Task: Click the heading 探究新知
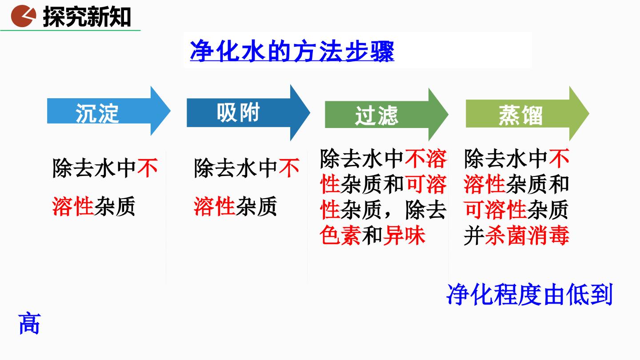[x=87, y=17]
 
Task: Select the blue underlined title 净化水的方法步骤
[x=292, y=52]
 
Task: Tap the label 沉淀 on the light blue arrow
[x=97, y=113]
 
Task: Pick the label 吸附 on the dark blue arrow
[x=238, y=112]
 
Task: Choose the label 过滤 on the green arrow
[x=376, y=116]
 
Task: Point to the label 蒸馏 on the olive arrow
[x=520, y=115]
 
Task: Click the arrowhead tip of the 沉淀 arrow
[x=170, y=111]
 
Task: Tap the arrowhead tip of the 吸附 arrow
[x=310, y=112]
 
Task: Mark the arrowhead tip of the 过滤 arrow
[x=448, y=115]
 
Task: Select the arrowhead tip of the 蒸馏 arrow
[x=589, y=113]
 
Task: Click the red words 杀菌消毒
[x=527, y=236]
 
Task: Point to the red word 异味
[x=404, y=236]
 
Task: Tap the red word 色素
[x=340, y=236]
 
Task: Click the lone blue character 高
[x=29, y=324]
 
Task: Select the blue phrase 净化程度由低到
[x=529, y=294]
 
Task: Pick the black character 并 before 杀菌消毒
[x=474, y=236]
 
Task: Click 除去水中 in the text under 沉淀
[x=94, y=168]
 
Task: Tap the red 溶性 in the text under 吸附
[x=215, y=206]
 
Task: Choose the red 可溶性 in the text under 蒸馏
[x=496, y=210]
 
